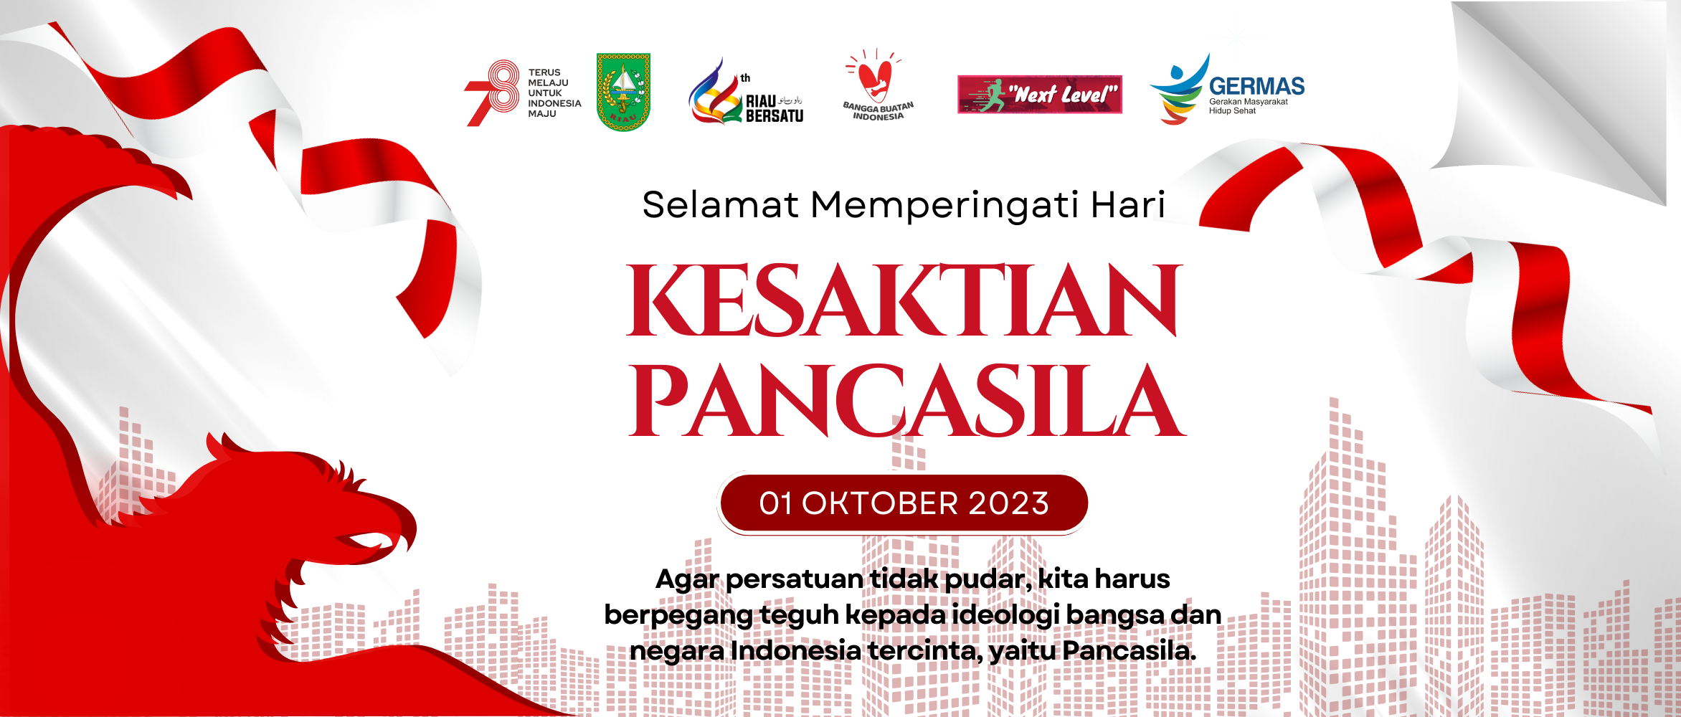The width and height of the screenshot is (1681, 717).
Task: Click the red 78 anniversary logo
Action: pos(492,93)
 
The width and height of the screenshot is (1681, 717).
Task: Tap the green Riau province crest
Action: pos(623,92)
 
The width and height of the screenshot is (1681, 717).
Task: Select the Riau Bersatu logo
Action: pos(746,92)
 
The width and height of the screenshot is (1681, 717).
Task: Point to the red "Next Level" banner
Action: pos(1040,94)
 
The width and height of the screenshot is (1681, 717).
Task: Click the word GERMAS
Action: pos(1256,86)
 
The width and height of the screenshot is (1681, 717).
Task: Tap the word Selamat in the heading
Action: pos(720,205)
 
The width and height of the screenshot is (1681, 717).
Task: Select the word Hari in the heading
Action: pos(1128,205)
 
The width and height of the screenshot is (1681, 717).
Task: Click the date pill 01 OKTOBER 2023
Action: pos(904,503)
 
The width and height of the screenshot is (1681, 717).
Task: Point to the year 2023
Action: pos(1009,503)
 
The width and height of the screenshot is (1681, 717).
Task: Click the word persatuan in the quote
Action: pos(795,579)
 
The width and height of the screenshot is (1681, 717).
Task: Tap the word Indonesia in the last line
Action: pos(795,651)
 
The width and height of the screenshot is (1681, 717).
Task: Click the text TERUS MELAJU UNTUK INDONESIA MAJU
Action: pos(554,93)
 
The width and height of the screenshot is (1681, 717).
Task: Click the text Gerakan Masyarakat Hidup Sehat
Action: pos(1248,106)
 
